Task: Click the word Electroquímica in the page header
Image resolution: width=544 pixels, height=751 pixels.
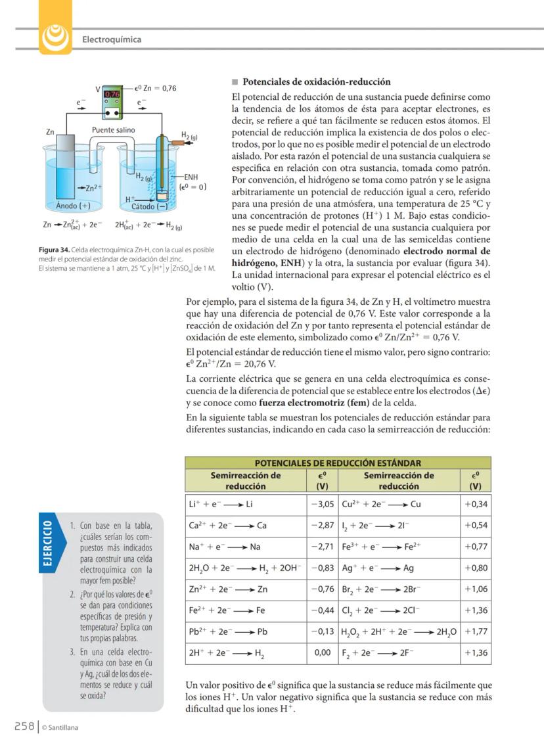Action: tap(112, 39)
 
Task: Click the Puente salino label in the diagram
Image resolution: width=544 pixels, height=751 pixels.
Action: tap(113, 130)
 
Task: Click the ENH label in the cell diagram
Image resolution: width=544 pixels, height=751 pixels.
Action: tap(191, 177)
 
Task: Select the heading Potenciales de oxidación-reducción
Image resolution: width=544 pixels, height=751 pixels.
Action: tap(317, 82)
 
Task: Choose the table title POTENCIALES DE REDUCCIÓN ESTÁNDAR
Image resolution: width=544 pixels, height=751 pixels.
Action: tap(338, 463)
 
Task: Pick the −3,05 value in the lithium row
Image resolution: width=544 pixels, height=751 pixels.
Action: tap(323, 505)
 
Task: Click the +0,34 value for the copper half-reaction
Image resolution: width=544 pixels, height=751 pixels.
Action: tap(475, 505)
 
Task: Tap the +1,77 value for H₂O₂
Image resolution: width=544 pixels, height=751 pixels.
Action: tap(475, 632)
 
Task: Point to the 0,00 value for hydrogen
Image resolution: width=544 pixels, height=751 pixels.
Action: tap(323, 653)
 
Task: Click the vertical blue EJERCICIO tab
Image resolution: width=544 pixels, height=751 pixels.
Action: tap(48, 545)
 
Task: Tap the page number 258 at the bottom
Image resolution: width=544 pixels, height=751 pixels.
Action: tap(24, 726)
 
